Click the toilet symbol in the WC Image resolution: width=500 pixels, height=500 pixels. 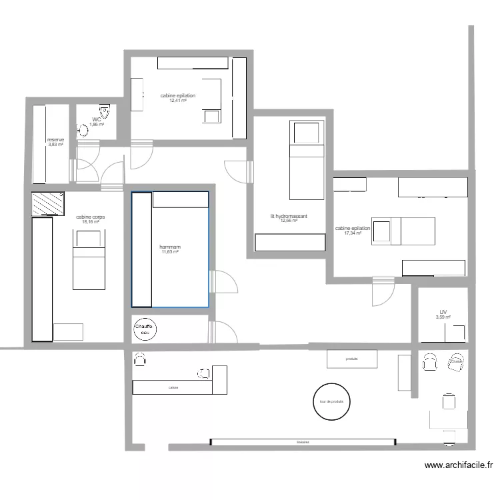[104, 110]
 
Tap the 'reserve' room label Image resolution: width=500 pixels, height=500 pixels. [55, 140]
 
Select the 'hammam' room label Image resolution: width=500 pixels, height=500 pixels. [170, 247]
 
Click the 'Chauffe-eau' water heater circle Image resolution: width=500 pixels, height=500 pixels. [145, 329]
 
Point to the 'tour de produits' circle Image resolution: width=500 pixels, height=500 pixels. [332, 401]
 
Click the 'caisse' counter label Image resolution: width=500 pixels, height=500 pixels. [173, 387]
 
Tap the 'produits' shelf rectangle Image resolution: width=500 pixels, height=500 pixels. [352, 359]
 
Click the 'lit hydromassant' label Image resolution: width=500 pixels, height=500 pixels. [289, 216]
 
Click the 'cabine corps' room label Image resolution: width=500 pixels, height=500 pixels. [90, 217]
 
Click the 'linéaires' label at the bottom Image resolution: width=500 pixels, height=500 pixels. [303, 442]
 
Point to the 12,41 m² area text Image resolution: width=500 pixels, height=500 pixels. [178, 101]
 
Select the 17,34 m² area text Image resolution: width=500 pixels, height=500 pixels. [353, 233]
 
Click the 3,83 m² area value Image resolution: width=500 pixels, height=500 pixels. [55, 145]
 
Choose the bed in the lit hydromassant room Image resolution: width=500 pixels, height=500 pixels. [306, 160]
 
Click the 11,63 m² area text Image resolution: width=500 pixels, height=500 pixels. [170, 252]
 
